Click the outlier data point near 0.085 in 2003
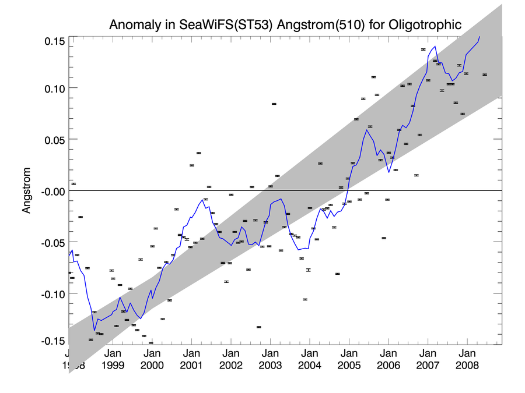point(274,104)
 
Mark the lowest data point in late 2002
point(258,327)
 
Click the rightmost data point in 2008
point(484,75)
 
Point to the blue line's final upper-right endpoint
point(480,37)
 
